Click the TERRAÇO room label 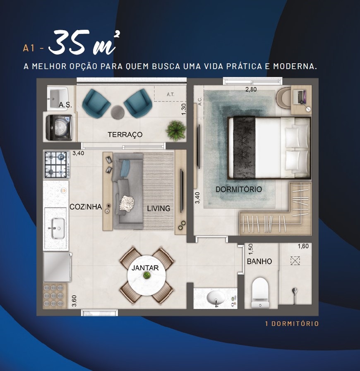(125, 134)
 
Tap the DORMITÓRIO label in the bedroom (239, 189)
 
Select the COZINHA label (86, 206)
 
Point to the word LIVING (158, 208)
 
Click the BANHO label (259, 261)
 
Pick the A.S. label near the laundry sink (65, 105)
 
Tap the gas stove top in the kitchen (57, 165)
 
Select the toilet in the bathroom (260, 293)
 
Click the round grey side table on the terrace (118, 112)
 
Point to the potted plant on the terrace (175, 131)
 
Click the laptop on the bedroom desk (300, 97)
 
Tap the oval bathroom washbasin (216, 298)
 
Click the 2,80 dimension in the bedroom (251, 89)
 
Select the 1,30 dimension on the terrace (184, 109)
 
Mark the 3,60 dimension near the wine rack (74, 301)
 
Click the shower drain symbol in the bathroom (295, 261)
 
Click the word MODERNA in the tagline (295, 66)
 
